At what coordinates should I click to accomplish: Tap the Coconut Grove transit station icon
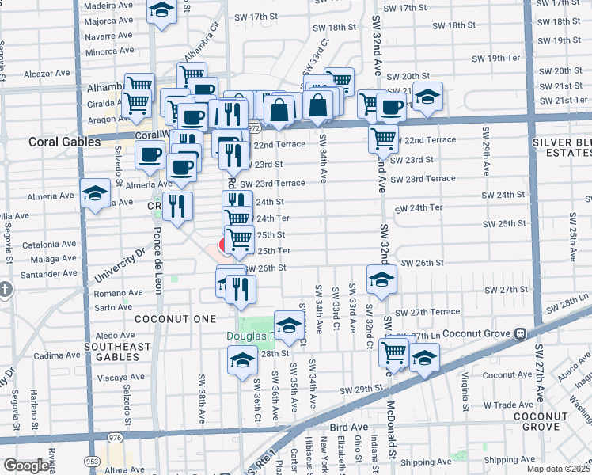click(x=521, y=334)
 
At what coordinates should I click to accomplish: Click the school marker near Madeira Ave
click(x=161, y=11)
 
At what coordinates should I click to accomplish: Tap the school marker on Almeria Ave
click(x=95, y=194)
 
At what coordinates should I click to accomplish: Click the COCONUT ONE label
click(x=175, y=318)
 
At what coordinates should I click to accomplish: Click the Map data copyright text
click(x=559, y=469)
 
